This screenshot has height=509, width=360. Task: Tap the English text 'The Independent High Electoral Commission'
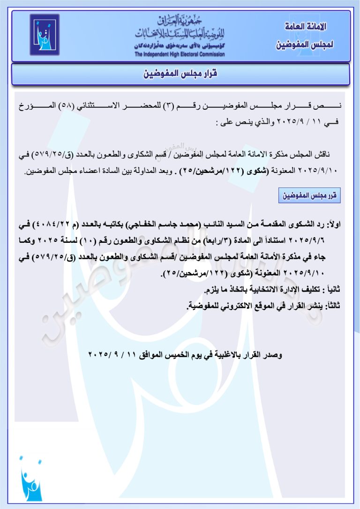coord(180,54)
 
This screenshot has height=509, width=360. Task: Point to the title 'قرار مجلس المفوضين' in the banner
coord(180,74)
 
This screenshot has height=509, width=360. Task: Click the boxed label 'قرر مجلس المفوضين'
coord(309,195)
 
